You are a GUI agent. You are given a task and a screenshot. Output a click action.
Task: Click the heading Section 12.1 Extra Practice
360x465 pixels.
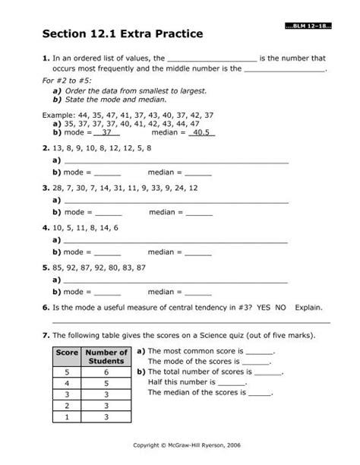tap(124, 34)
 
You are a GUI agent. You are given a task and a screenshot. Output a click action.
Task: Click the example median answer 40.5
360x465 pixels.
tap(201, 131)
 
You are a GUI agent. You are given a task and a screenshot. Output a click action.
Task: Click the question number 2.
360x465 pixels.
tap(46, 149)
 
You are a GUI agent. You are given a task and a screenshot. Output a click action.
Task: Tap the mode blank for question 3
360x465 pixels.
tap(107, 212)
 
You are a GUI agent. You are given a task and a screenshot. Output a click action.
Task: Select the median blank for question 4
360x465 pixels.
tap(198, 251)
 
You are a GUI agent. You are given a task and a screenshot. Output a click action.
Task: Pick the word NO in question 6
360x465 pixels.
tap(282, 308)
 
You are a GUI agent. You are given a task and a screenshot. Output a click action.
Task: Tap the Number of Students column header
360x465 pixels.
tap(106, 357)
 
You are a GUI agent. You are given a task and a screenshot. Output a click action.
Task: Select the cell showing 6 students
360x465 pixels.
tap(106, 372)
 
